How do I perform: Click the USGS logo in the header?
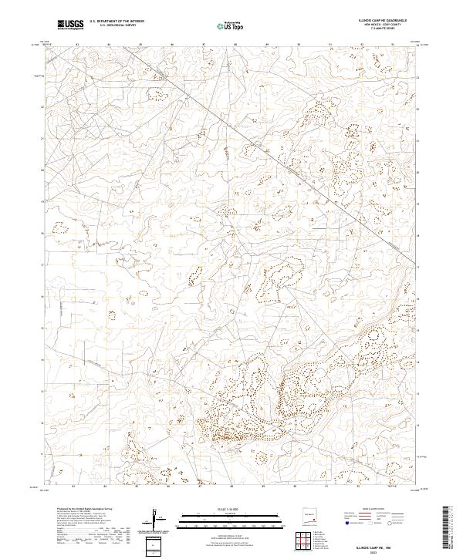pyautogui.click(x=71, y=25)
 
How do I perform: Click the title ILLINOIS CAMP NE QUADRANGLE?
pyautogui.click(x=376, y=20)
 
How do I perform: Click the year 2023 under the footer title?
pyautogui.click(x=378, y=552)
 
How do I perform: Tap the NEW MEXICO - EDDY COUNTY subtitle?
pyautogui.click(x=376, y=25)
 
